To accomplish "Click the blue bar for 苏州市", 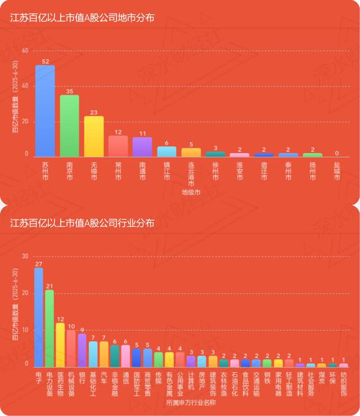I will point(45,111).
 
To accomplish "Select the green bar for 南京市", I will point(69,126).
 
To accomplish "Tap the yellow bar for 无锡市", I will point(94,136).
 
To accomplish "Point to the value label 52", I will point(45,61).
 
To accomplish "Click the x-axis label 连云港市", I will point(191,175).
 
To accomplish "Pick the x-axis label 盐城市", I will point(337,171).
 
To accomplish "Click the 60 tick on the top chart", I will point(24,51).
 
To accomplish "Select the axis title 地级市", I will point(191,193).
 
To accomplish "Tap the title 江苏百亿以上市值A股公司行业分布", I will point(82,223).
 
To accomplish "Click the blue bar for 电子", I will point(39,317).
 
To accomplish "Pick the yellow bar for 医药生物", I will point(60,345).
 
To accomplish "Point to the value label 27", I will point(39,263).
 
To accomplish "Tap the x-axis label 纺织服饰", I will point(344,384).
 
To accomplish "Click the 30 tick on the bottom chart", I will point(24,256).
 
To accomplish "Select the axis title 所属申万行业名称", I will point(191,403).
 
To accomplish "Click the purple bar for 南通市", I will point(142,146).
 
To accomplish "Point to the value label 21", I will point(49,285).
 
